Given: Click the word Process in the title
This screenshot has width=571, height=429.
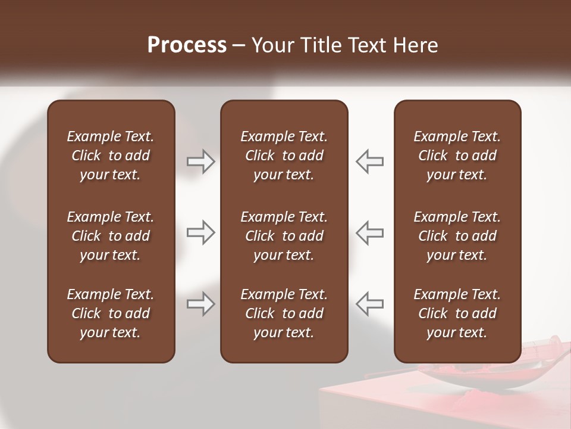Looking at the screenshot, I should coord(187,45).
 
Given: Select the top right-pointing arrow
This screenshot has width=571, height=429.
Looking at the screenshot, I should coord(201,161).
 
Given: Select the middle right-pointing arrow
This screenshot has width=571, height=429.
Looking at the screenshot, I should coord(201,232).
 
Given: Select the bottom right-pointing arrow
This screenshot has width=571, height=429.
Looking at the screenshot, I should coord(201,304).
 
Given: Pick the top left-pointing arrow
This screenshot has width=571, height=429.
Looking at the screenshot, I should coord(370,161).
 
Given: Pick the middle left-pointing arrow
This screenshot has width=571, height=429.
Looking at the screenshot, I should coord(370,232).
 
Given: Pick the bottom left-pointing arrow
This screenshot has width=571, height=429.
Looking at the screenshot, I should coord(370,304).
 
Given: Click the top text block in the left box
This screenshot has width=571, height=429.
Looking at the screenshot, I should coord(111,156).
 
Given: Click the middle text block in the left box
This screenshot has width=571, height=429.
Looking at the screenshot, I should coord(111,236).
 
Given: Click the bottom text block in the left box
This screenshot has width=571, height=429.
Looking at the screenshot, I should coord(111,313).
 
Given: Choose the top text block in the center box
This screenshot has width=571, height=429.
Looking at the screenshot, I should coord(284,156).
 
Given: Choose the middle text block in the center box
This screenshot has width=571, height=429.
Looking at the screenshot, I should coord(284,236).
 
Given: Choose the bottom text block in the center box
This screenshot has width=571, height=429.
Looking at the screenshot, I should coord(284,313).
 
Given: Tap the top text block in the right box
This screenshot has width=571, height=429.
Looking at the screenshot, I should coord(457,156).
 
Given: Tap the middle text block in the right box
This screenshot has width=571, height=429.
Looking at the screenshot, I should coord(457,236).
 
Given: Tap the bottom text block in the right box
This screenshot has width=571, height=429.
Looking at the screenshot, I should coord(457,313).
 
